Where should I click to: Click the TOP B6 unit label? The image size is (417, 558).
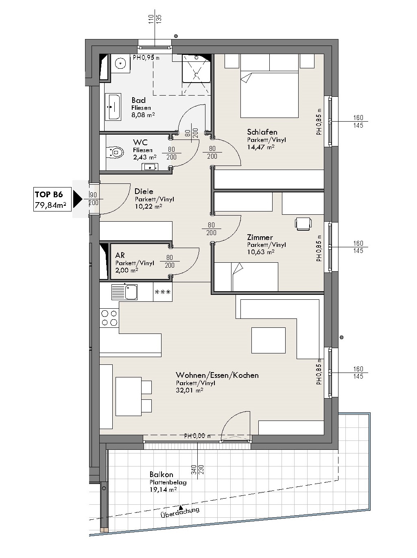tap(49, 194)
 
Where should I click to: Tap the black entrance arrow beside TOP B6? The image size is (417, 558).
tap(78, 199)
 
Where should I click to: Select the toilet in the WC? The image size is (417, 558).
tap(115, 152)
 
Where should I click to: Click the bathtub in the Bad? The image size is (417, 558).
tap(113, 107)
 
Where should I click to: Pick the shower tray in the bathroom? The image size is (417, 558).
tap(196, 68)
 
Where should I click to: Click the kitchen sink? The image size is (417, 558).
tap(124, 292)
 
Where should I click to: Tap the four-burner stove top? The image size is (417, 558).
tap(109, 318)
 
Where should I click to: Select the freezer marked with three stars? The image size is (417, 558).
tap(162, 292)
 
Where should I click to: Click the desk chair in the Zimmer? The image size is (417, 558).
tap(303, 224)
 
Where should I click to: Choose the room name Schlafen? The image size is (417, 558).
tap(262, 132)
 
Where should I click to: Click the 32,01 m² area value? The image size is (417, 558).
tap(189, 390)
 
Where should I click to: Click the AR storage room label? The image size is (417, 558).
tap(120, 255)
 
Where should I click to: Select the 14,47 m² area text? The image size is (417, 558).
tap(261, 147)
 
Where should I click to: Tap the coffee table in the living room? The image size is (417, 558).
tap(268, 340)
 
